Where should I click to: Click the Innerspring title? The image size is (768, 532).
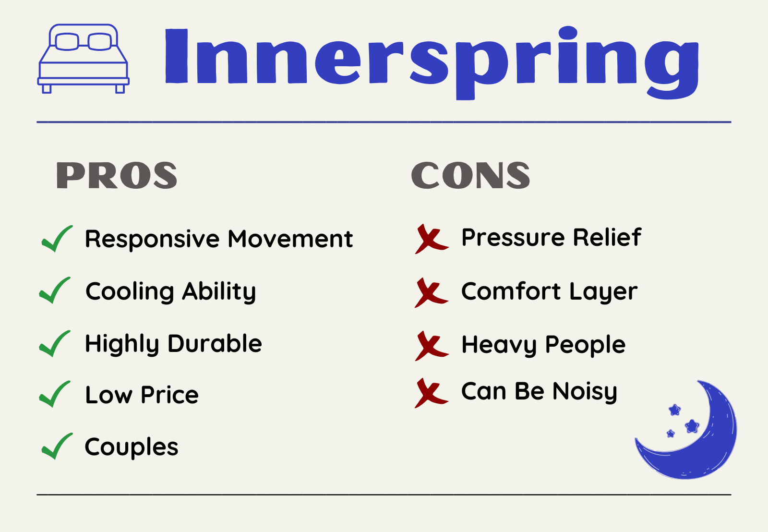click(432, 63)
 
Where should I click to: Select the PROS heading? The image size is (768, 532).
click(117, 175)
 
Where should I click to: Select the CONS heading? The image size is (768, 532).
click(470, 175)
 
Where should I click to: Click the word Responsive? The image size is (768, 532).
click(152, 240)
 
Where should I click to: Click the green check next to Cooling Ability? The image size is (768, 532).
click(55, 290)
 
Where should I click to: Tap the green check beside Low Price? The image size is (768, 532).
click(55, 394)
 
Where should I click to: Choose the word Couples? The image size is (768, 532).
click(132, 447)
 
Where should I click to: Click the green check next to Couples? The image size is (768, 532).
click(57, 446)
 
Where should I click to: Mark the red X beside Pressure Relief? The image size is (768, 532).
click(432, 239)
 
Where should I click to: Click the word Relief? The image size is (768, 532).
click(607, 237)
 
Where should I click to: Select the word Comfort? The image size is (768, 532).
click(511, 291)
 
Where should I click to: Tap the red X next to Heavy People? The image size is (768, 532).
click(432, 346)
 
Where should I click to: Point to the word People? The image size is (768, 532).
click(586, 345)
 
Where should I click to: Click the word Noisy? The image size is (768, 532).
click(585, 392)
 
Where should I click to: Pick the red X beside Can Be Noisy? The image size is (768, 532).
click(432, 393)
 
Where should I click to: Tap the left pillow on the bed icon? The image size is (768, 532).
click(67, 41)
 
